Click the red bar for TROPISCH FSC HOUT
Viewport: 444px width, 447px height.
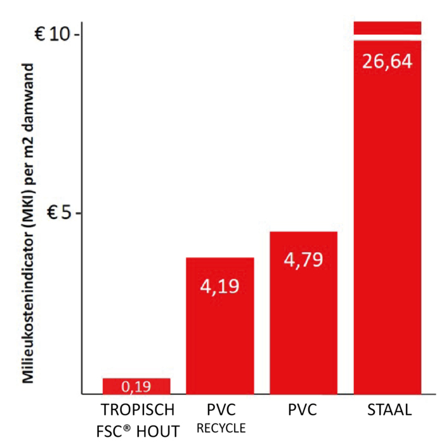coord(136,386)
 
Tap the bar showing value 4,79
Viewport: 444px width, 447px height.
coord(303,330)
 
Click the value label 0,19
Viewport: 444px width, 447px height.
coord(136,386)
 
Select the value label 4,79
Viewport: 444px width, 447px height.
coord(303,260)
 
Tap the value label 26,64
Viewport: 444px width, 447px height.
coord(388,62)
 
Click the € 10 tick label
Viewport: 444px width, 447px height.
coord(55,34)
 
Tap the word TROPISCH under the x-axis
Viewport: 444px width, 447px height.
coord(136,408)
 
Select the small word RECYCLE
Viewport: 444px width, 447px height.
coord(220,429)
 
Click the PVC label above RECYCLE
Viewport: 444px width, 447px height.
coord(220,408)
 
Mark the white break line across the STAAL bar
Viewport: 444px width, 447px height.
coord(388,38)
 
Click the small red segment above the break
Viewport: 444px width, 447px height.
coord(388,27)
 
